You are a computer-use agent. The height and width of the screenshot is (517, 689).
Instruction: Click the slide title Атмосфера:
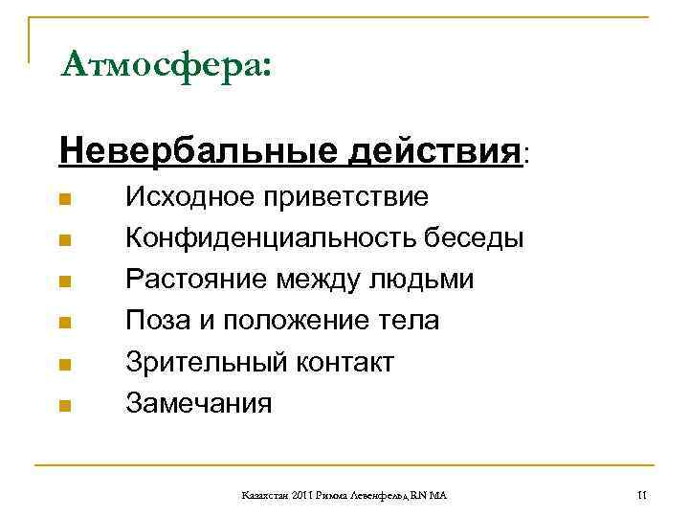165,66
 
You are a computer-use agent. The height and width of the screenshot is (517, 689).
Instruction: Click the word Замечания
199,403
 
